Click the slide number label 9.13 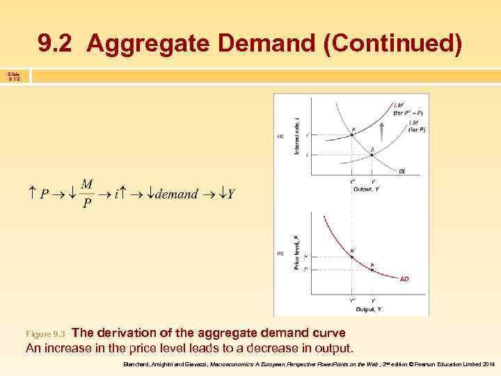(x=15, y=79)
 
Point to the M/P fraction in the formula (x=86, y=194)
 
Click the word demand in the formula (x=176, y=194)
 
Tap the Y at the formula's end (x=230, y=194)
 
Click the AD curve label (x=404, y=279)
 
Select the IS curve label (x=402, y=171)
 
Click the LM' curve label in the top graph (x=399, y=105)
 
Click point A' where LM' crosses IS (x=352, y=134)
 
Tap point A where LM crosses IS (x=372, y=154)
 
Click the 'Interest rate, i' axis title (x=296, y=136)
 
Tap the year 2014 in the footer (x=488, y=364)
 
